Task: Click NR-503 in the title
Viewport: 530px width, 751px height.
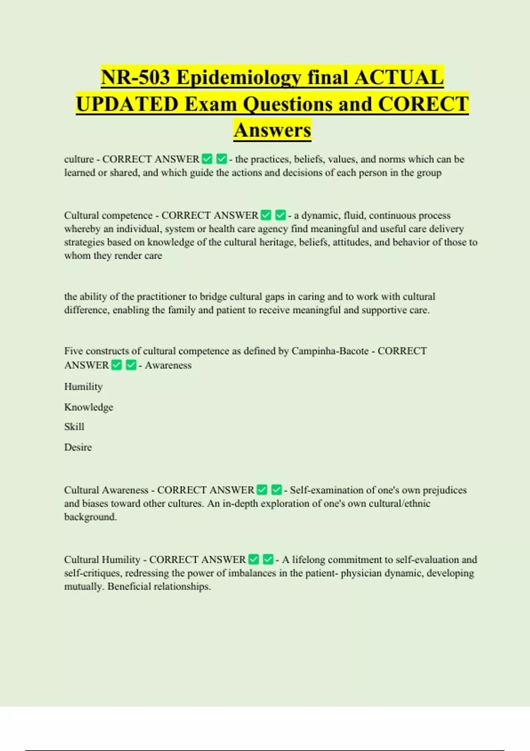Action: [x=136, y=77]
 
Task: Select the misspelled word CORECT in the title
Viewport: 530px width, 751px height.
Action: [x=423, y=104]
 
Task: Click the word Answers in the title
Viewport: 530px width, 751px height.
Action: [x=273, y=130]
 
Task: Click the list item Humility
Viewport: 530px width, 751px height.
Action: [x=83, y=387]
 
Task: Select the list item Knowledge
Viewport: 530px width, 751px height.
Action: [x=89, y=407]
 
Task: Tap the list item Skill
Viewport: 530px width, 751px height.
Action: [x=74, y=427]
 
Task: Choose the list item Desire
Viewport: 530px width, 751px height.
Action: [x=78, y=447]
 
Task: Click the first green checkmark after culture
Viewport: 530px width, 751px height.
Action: [x=207, y=159]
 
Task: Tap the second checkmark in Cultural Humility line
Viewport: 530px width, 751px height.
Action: [x=268, y=560]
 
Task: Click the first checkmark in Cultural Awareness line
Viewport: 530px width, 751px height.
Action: [x=262, y=490]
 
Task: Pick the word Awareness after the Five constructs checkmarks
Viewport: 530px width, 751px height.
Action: [x=168, y=365]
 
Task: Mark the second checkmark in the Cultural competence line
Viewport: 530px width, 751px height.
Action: [x=280, y=216]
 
